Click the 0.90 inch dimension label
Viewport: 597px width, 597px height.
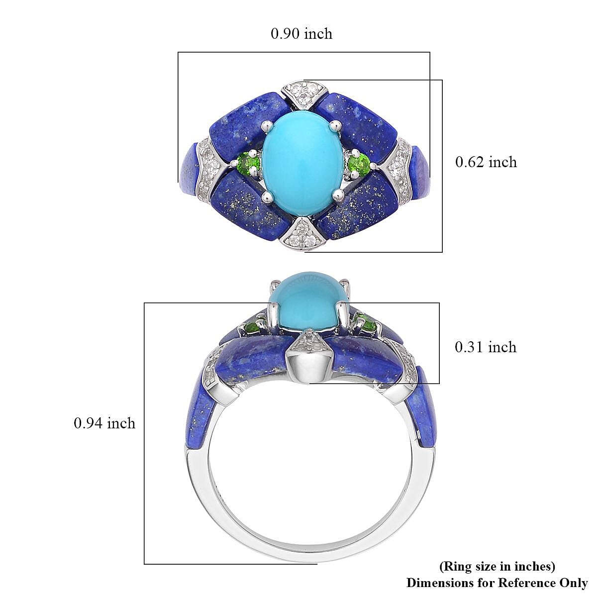point(301,33)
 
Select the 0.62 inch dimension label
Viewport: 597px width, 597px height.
point(486,162)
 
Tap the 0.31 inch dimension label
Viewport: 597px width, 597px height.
point(486,347)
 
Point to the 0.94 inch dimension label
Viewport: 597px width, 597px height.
point(104,423)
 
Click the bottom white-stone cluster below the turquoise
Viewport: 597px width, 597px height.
point(301,233)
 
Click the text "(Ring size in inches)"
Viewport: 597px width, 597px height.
point(497,566)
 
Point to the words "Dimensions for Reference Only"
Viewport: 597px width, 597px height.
point(497,583)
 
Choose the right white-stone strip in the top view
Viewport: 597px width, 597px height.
point(399,168)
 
